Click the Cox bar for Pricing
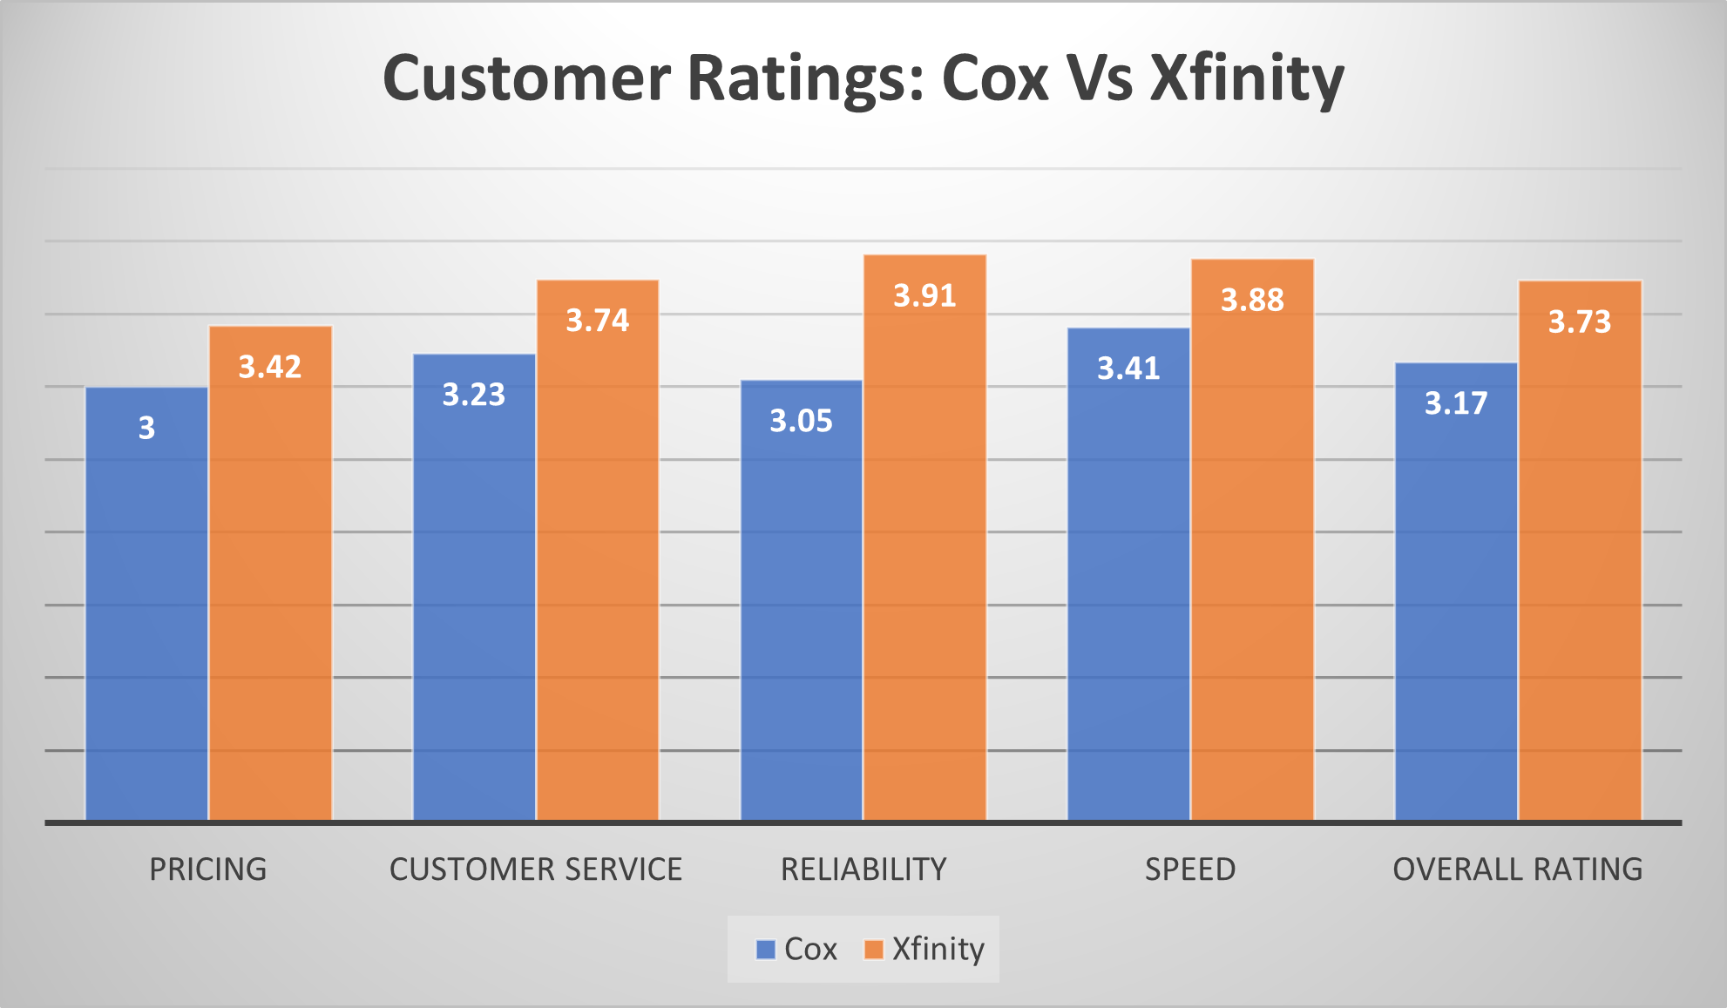tap(146, 610)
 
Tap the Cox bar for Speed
tap(1128, 592)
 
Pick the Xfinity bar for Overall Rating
tap(1580, 566)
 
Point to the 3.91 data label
tap(924, 296)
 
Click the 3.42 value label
tap(270, 367)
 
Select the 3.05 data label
tap(801, 422)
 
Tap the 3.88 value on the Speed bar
tap(1252, 301)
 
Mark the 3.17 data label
tap(1456, 403)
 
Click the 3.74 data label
tap(598, 321)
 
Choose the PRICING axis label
tap(208, 869)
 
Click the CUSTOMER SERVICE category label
tap(536, 869)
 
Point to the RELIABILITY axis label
tap(863, 869)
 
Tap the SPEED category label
tap(1190, 869)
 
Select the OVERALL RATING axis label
tap(1518, 869)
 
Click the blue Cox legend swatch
tap(766, 949)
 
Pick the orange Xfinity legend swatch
tap(873, 949)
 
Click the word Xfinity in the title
tap(1247, 78)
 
